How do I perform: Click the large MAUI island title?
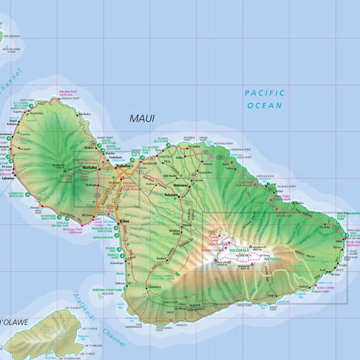142,119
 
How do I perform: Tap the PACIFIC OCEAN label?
263,99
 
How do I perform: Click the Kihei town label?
124,221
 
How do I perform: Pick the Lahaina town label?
8,178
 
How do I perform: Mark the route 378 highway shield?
212,232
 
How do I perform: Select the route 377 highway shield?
188,203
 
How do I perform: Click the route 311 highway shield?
116,201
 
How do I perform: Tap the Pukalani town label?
170,195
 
